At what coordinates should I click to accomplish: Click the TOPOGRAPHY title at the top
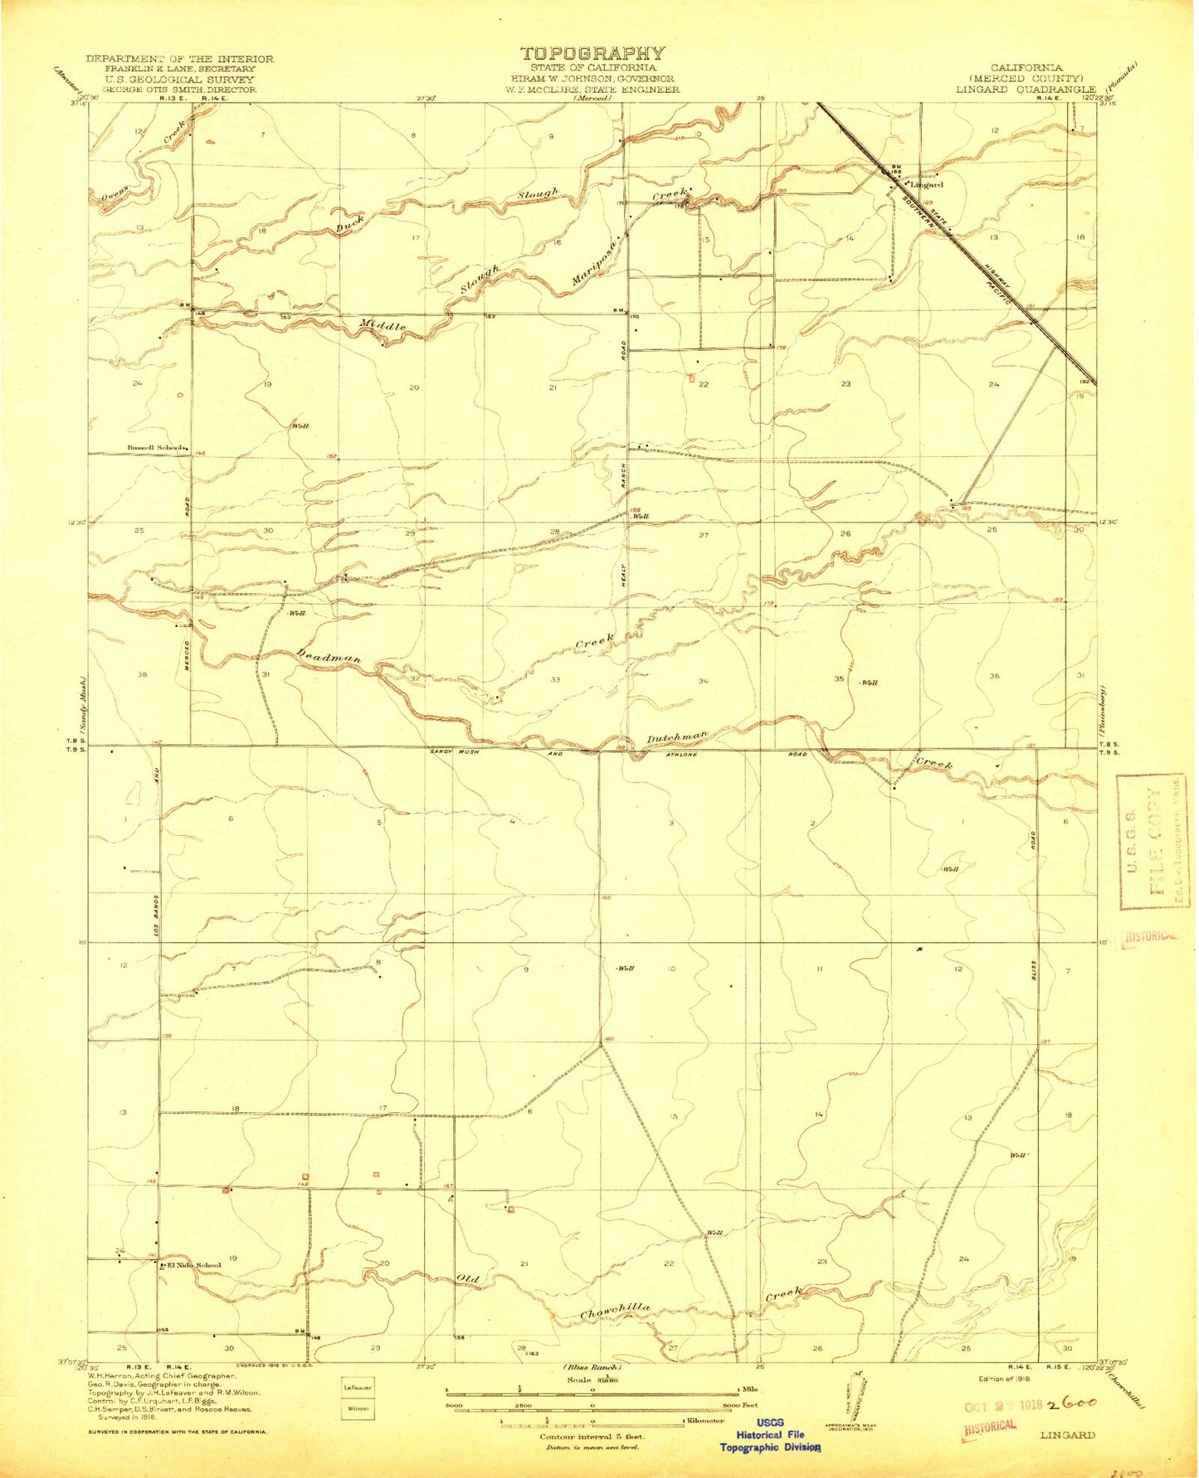click(x=592, y=54)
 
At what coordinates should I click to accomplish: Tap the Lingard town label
click(x=926, y=185)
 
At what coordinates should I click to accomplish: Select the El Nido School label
click(x=193, y=1266)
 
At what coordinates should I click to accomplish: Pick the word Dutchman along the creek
click(x=677, y=737)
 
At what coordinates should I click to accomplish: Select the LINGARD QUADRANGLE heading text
click(x=1025, y=89)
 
